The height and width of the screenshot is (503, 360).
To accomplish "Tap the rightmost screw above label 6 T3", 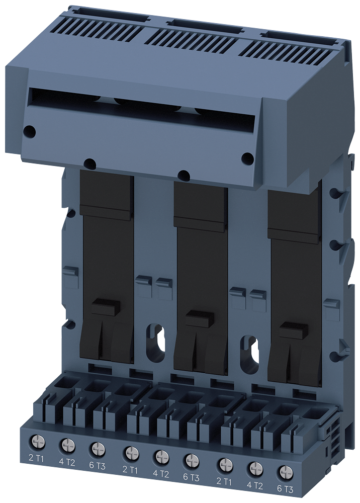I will coord(286,471).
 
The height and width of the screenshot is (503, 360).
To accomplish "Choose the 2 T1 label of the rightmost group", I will coord(223,480).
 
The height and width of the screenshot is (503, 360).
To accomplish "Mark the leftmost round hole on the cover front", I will coord(30,132).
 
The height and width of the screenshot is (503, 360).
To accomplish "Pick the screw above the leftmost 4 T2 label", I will coord(67,445).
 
